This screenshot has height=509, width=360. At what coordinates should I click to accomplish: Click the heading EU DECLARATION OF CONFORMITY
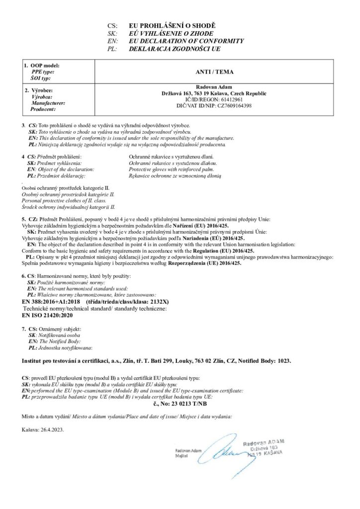pyautogui.click(x=186, y=41)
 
